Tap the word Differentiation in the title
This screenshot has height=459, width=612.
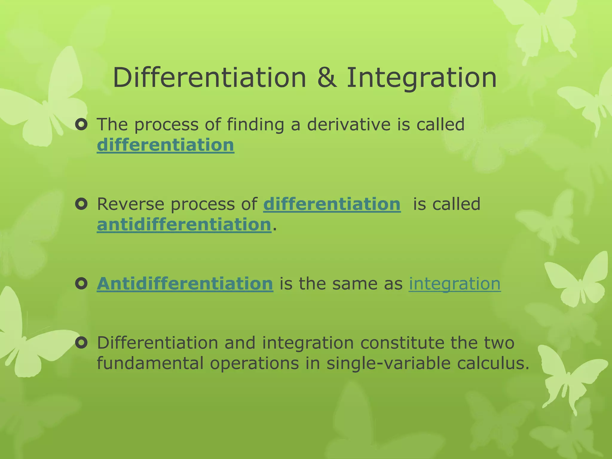pyautogui.click(x=209, y=78)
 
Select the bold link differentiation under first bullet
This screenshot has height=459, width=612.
pyautogui.click(x=166, y=145)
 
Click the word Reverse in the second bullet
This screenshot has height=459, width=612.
pyautogui.click(x=130, y=204)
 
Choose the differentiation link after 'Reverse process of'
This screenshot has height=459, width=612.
pyautogui.click(x=332, y=204)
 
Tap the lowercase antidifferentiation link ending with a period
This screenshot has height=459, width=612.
pyautogui.click(x=184, y=225)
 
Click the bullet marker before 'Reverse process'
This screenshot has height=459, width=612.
pyautogui.click(x=81, y=204)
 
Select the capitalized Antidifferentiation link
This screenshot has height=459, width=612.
pyautogui.click(x=185, y=284)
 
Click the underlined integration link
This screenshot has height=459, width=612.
pyautogui.click(x=455, y=284)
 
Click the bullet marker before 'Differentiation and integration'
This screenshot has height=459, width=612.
pyautogui.click(x=81, y=343)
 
